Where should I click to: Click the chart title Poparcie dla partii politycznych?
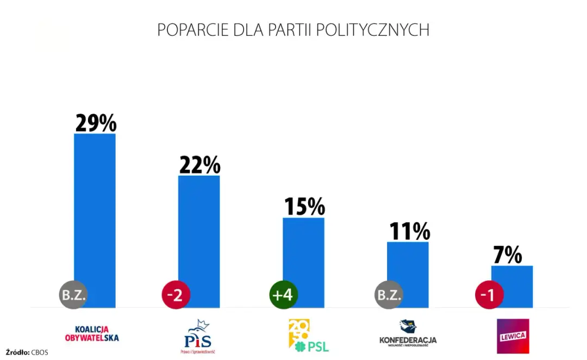(293, 30)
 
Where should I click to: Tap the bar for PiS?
(199, 234)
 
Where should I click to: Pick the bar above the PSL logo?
(303, 256)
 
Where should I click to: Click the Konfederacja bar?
(408, 266)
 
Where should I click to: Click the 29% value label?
(96, 123)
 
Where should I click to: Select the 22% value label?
(200, 165)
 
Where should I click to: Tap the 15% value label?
(304, 207)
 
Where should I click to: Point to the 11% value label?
(409, 232)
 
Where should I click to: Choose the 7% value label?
(508, 255)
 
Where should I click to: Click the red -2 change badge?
(176, 295)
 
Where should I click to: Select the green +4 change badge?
(284, 295)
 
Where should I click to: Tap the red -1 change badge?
(489, 295)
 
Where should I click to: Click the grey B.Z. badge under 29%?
(73, 295)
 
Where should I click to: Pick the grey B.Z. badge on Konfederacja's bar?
(388, 295)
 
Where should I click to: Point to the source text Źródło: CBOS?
(27, 352)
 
